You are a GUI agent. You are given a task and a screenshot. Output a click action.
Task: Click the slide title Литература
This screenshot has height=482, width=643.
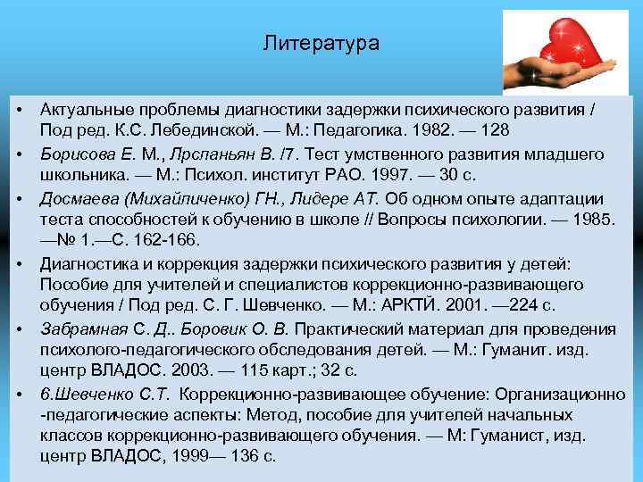coord(321,43)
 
